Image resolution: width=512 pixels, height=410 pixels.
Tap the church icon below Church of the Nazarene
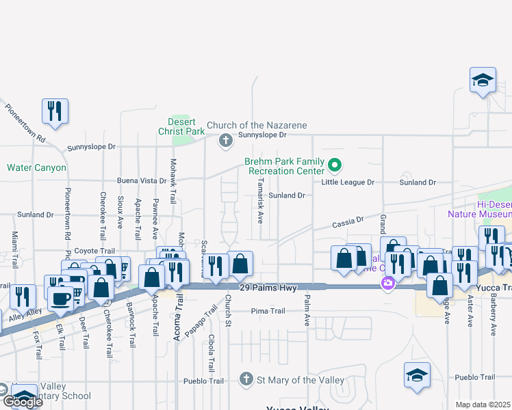coord(225,141)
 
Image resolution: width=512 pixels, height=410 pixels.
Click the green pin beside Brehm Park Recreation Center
coord(335,165)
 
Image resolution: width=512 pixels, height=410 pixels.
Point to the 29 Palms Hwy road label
coord(268,288)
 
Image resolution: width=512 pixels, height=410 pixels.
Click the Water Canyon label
coord(36,167)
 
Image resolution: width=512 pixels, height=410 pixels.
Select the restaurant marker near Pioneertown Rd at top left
coord(55,111)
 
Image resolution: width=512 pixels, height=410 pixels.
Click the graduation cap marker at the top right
coord(483,79)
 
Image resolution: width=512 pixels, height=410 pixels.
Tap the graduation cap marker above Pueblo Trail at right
coord(417,374)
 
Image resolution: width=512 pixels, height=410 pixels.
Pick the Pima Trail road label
coord(268,311)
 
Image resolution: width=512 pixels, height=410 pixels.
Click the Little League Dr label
coord(348,182)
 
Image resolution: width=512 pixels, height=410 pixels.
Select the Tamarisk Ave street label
coord(260,201)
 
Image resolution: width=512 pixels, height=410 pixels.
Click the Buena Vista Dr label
coord(142,181)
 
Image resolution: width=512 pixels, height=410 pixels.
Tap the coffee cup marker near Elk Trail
coord(60,298)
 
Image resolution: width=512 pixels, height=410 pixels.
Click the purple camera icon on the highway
coord(388,283)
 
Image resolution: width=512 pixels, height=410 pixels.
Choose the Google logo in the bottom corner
coord(22,401)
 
